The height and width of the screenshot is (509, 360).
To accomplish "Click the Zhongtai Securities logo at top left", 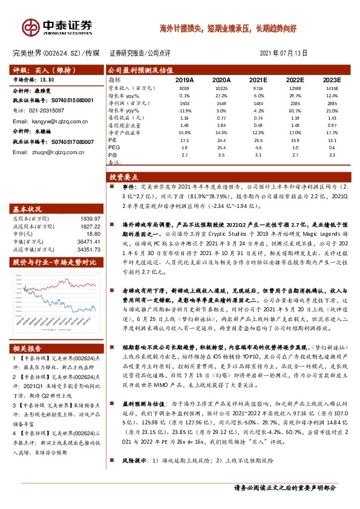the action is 57,27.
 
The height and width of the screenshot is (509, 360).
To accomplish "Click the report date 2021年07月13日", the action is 283,53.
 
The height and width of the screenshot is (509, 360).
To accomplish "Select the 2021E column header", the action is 258,80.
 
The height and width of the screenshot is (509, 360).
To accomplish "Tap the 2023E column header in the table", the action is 332,80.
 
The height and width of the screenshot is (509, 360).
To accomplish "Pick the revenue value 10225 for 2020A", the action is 222,88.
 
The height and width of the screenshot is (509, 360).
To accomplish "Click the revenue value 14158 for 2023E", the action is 332,88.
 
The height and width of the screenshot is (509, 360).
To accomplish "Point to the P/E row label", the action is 113,140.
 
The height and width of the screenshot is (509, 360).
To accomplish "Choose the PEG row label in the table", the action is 114,148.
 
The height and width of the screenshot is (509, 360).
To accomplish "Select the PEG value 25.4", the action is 222,148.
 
